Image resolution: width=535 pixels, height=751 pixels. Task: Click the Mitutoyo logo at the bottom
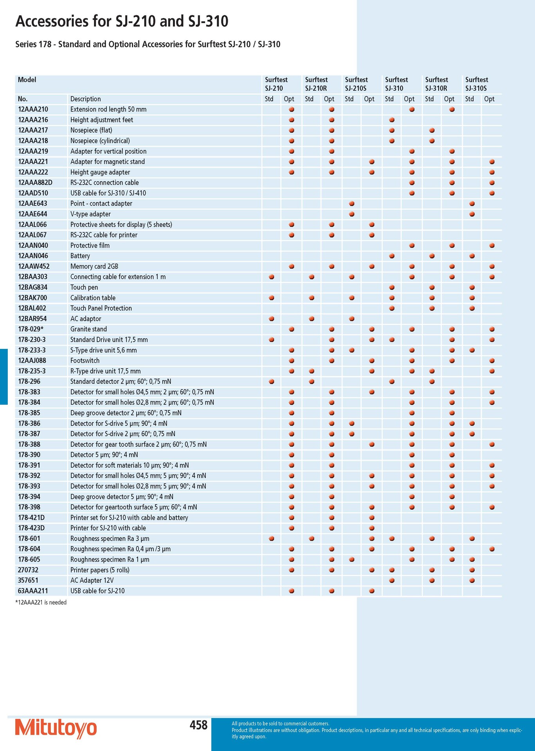pos(56,728)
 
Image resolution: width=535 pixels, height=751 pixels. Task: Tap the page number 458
pos(198,725)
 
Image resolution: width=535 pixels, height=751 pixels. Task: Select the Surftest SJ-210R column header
pos(316,84)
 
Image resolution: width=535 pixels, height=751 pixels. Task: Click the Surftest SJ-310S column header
pos(477,84)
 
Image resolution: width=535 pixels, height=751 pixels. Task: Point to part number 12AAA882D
pos(35,183)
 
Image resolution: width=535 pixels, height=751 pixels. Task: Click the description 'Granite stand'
pos(88,329)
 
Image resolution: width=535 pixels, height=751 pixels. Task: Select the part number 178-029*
pos(31,329)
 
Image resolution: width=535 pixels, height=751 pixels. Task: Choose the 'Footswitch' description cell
pos(85,361)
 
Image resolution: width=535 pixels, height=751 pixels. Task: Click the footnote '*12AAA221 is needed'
pos(41,602)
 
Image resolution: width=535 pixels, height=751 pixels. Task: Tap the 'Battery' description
pos(80,256)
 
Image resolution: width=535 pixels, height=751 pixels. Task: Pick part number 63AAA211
pos(33,591)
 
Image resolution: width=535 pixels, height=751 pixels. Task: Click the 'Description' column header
pos(86,99)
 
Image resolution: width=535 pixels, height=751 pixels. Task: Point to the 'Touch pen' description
pos(84,287)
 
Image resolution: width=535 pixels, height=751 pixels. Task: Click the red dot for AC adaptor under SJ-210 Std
pos(272,319)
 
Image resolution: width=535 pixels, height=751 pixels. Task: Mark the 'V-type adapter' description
pos(90,214)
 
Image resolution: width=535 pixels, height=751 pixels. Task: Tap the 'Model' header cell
pos(27,80)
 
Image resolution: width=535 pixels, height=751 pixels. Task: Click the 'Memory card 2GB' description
pos(94,266)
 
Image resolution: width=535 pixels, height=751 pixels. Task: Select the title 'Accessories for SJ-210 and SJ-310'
pos(122,21)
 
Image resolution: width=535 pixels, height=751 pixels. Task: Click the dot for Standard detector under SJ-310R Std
pos(432,382)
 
